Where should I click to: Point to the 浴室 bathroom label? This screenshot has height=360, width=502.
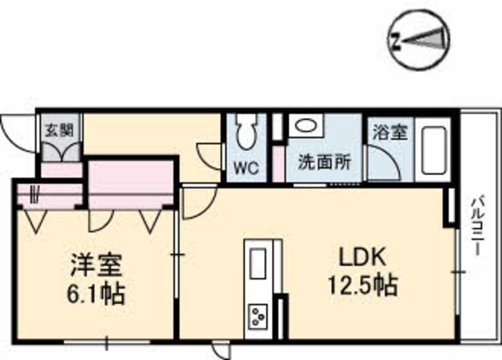[389, 132]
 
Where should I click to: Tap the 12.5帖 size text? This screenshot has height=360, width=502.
[361, 286]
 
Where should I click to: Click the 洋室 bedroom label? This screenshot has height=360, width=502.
[95, 267]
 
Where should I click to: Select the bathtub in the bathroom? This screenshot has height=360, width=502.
[434, 151]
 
